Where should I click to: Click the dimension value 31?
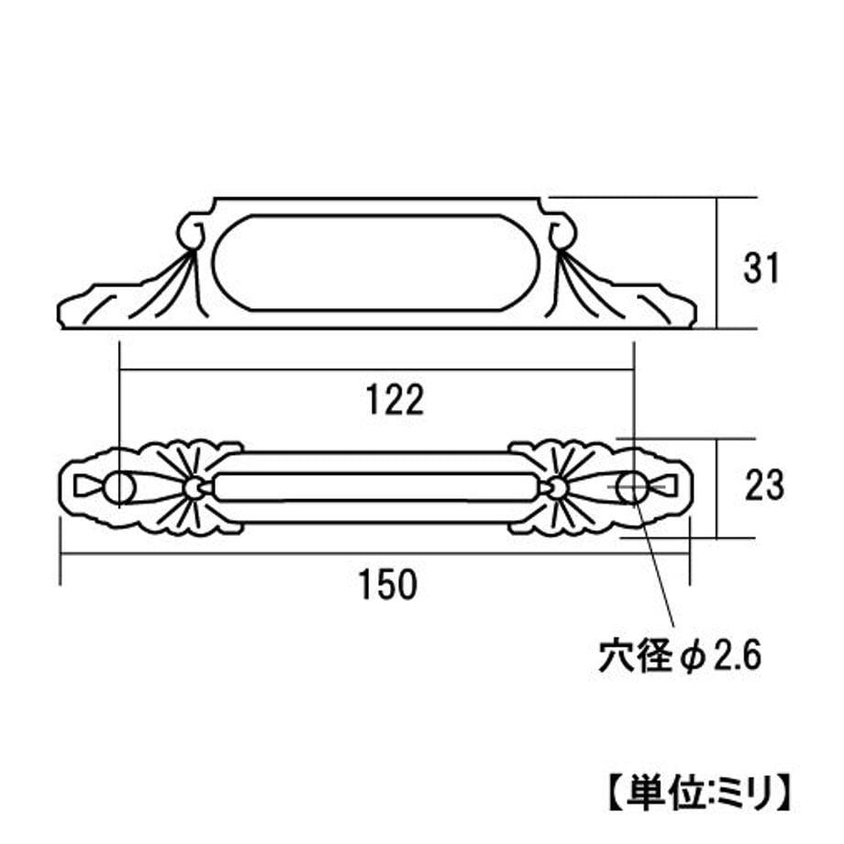click(x=761, y=268)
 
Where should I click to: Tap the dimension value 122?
click(x=395, y=400)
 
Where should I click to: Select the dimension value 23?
click(x=764, y=485)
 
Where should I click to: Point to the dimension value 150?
click(x=388, y=585)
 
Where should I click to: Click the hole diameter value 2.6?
click(x=737, y=656)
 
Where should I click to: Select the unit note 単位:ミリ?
click(x=700, y=792)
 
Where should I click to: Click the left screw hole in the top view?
click(x=119, y=488)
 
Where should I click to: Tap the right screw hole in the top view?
click(x=631, y=488)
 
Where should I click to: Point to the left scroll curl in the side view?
click(x=190, y=233)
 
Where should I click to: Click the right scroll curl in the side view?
click(x=562, y=233)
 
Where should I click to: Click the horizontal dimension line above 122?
click(x=376, y=370)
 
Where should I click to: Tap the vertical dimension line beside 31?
click(x=717, y=262)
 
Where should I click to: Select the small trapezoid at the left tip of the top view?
click(x=86, y=486)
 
